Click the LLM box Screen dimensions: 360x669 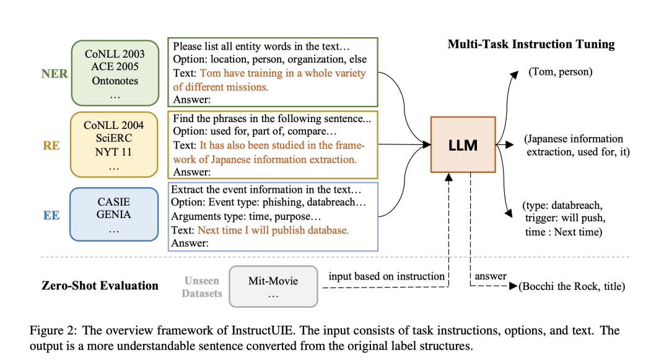pos(463,144)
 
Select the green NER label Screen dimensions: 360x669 pos(54,72)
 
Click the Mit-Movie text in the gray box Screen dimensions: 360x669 pos(273,281)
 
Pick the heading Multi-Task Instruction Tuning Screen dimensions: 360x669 pos(531,44)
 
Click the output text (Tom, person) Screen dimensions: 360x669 pos(560,72)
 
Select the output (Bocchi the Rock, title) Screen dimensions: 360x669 pos(572,286)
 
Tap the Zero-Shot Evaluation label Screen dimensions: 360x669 pos(100,286)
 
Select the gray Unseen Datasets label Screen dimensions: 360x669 pos(201,287)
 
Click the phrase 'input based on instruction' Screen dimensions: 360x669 pos(387,276)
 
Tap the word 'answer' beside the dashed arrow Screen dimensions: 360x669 pos(491,276)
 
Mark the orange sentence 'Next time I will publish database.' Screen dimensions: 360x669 pos(273,230)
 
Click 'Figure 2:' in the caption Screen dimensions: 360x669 pos(52,330)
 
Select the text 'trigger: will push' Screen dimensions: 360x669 pos(564,218)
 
